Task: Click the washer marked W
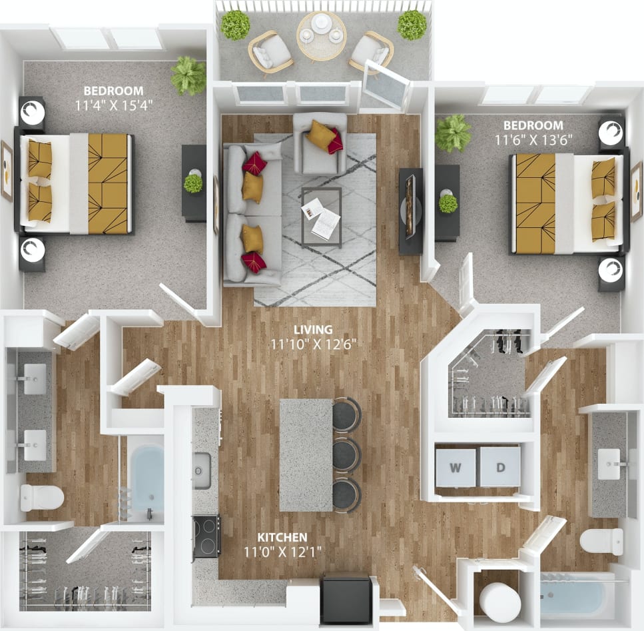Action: (x=456, y=466)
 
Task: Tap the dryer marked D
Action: (x=501, y=466)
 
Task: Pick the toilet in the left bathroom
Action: (x=41, y=497)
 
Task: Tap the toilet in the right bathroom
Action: (x=601, y=540)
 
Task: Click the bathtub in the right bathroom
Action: (x=575, y=597)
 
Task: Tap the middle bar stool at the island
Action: (x=346, y=455)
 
